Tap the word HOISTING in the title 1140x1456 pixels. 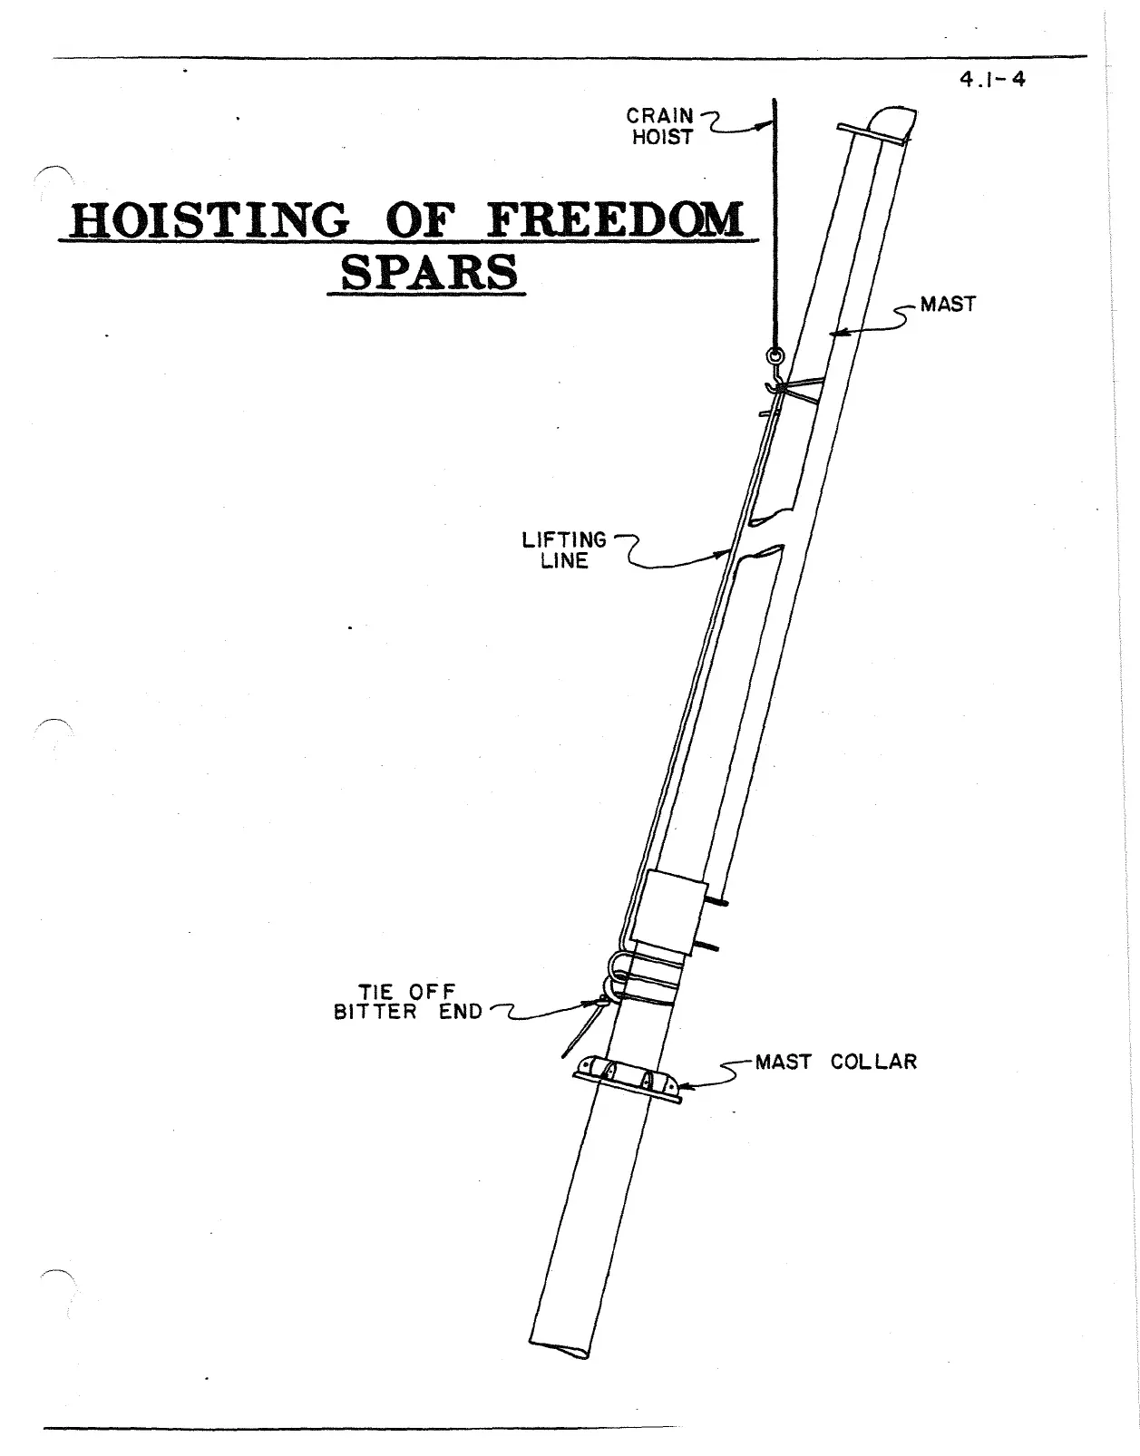pyautogui.click(x=209, y=220)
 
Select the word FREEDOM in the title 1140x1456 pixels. pyautogui.click(x=615, y=220)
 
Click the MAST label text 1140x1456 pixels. pyautogui.click(x=948, y=305)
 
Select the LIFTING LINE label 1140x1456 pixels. pyautogui.click(x=564, y=550)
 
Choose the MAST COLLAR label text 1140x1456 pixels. pyautogui.click(x=835, y=1062)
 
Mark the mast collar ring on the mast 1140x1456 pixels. pyautogui.click(x=627, y=1082)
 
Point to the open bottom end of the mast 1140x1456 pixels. pyautogui.click(x=558, y=1348)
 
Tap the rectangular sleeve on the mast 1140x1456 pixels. pyautogui.click(x=669, y=910)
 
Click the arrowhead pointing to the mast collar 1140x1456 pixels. pyautogui.click(x=683, y=1084)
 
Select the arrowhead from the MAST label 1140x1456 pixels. pyautogui.click(x=835, y=334)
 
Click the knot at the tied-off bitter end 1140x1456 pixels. pyautogui.click(x=602, y=1003)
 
